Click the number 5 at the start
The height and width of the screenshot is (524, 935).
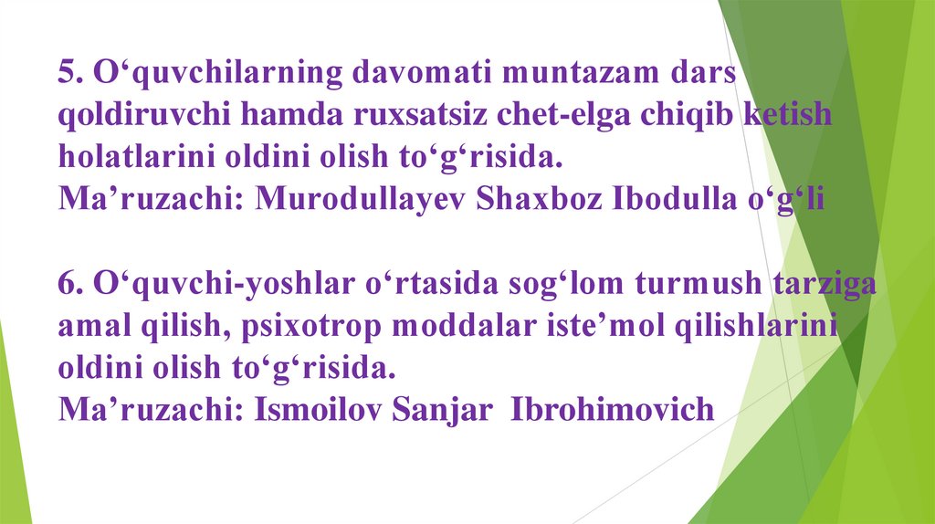click(x=67, y=74)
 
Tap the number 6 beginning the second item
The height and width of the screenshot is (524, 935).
click(x=67, y=284)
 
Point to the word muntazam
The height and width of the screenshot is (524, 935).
click(x=574, y=74)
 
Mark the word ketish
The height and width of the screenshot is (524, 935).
click(x=789, y=116)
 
